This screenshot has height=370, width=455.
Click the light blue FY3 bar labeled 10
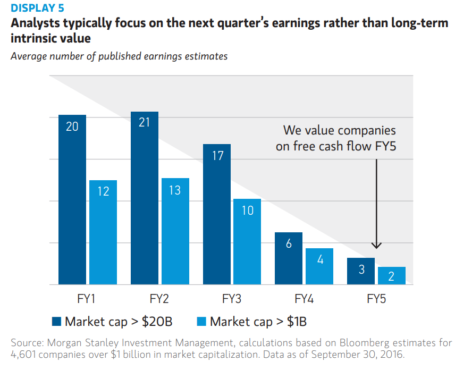tap(247, 242)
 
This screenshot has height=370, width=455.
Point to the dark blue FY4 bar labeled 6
tap(289, 258)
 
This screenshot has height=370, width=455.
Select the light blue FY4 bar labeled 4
tap(319, 266)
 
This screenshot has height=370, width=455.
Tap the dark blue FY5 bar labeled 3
tap(361, 271)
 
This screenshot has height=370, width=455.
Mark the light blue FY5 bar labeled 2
tap(392, 275)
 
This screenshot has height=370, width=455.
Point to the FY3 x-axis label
tap(232, 299)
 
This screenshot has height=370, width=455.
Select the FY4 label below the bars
tap(304, 299)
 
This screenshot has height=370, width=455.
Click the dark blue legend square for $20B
tap(57, 321)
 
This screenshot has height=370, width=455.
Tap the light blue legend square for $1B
tap(202, 321)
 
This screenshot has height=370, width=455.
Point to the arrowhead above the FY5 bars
tap(376, 245)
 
